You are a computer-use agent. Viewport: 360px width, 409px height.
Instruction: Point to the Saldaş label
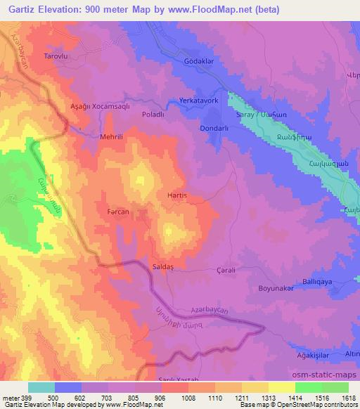(x=163, y=268)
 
